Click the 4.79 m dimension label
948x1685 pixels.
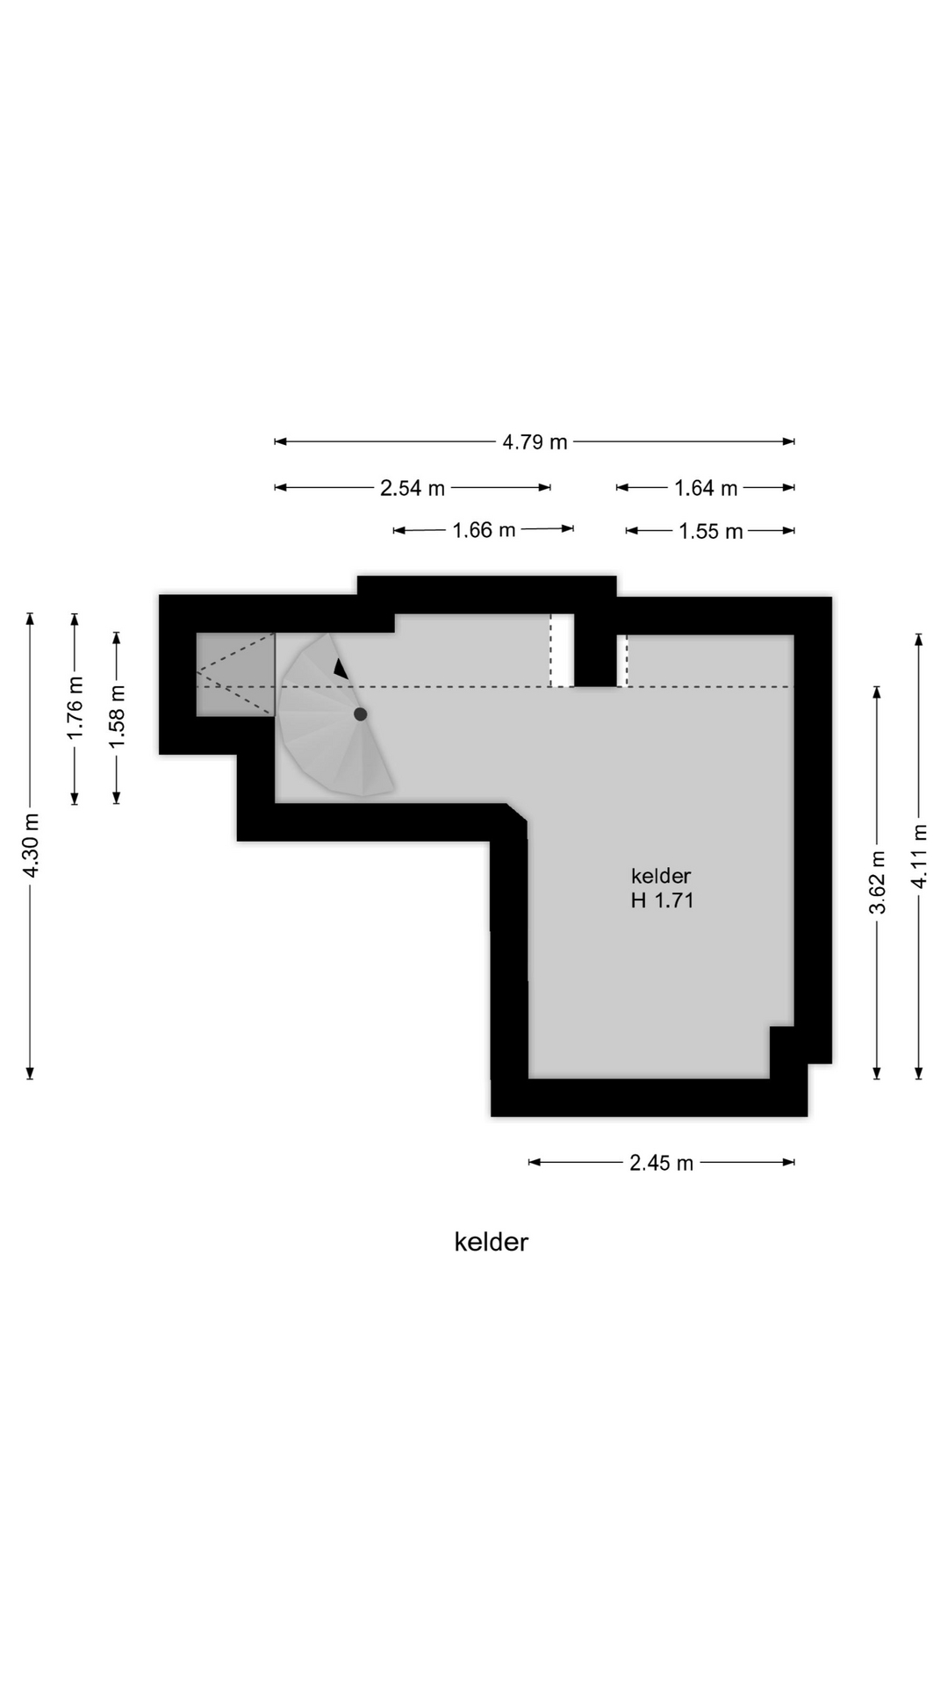(535, 442)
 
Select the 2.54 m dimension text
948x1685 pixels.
(413, 488)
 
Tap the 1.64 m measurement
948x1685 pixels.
(706, 488)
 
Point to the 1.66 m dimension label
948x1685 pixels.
(484, 530)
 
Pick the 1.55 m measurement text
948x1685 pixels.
(711, 531)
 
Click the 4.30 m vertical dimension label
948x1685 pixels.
(32, 846)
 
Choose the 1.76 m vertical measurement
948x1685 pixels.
(75, 707)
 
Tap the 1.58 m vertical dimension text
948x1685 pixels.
(117, 717)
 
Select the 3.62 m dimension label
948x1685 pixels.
(878, 882)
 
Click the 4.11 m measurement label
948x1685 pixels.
(920, 856)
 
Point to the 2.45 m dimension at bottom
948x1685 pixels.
(661, 1163)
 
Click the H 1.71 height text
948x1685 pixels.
(663, 900)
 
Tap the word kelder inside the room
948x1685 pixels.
(661, 876)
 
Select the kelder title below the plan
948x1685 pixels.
(492, 1242)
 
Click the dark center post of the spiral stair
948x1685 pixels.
(361, 714)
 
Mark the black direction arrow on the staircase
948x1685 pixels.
(341, 669)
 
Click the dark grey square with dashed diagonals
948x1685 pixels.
(235, 674)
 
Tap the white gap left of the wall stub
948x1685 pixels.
(562, 650)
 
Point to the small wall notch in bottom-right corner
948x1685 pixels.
(782, 1052)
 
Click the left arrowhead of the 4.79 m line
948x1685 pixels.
(280, 441)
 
